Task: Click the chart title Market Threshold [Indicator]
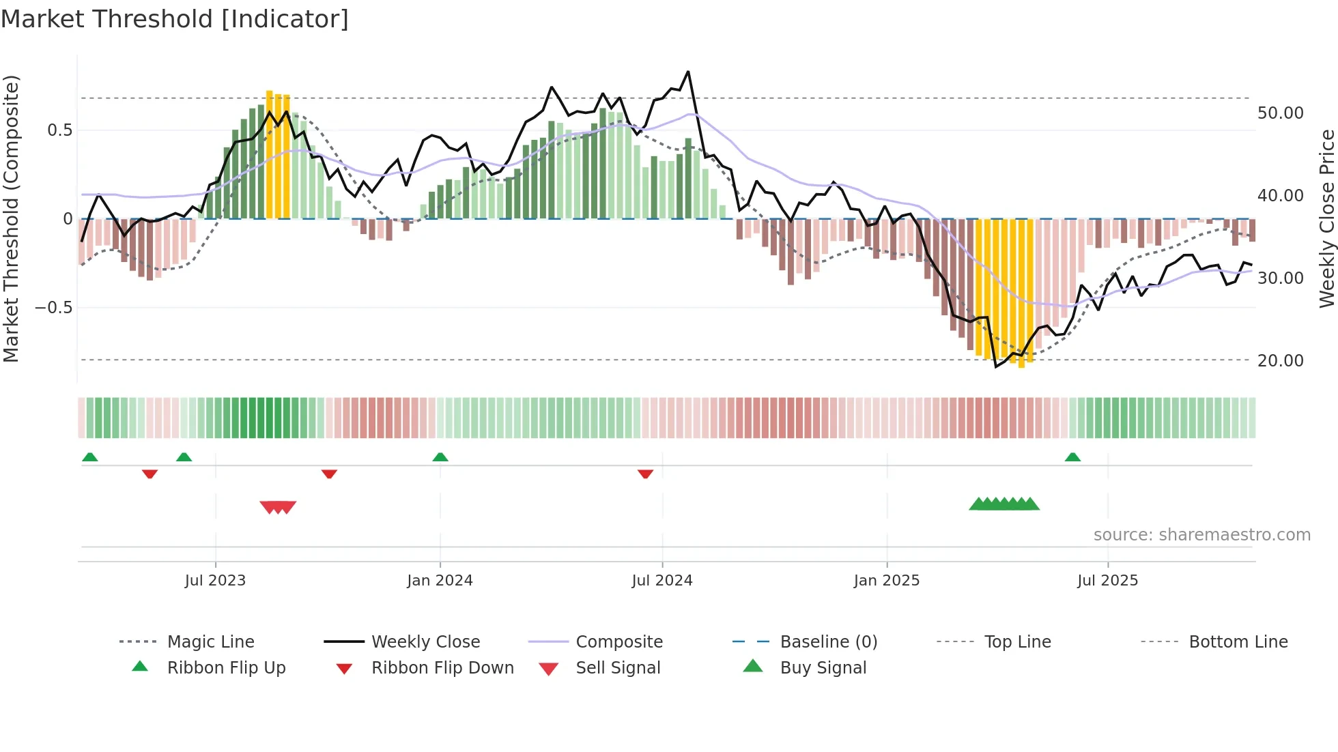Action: pos(175,19)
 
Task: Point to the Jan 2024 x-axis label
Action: pos(440,580)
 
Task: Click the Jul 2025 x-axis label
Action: pos(1107,580)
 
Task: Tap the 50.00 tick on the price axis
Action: pos(1280,113)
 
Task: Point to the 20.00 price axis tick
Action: pos(1280,360)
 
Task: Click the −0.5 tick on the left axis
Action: pos(53,308)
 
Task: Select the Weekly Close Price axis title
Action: pos(1326,218)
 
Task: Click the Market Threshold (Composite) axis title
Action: pos(11,218)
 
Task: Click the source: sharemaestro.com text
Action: pos(1201,534)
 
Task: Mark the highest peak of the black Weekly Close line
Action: pos(688,72)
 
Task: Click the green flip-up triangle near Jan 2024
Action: pos(440,457)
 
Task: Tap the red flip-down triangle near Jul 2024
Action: pos(645,474)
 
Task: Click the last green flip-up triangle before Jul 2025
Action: pos(1072,457)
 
